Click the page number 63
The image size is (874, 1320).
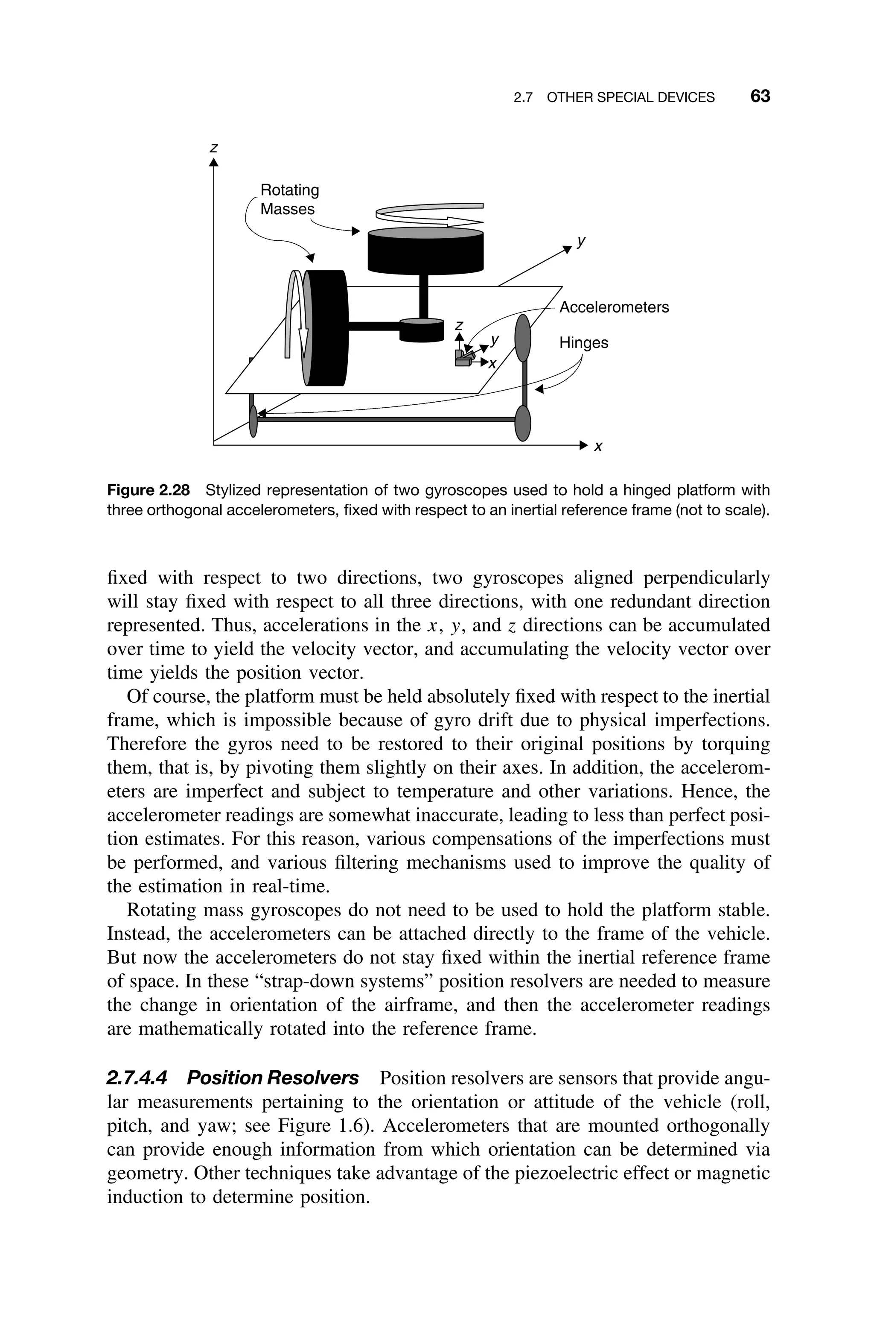tap(760, 96)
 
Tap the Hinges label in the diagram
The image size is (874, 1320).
tap(584, 343)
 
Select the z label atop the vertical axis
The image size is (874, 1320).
tap(213, 148)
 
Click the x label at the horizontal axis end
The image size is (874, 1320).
tap(598, 447)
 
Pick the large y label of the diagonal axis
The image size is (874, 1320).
tap(581, 241)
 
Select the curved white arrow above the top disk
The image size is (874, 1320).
tap(429, 215)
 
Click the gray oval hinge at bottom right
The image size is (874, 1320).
tap(522, 423)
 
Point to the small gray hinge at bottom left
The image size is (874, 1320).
tap(253, 421)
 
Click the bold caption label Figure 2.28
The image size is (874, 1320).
tap(148, 491)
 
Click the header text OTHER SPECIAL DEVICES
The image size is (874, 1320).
tap(630, 98)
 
